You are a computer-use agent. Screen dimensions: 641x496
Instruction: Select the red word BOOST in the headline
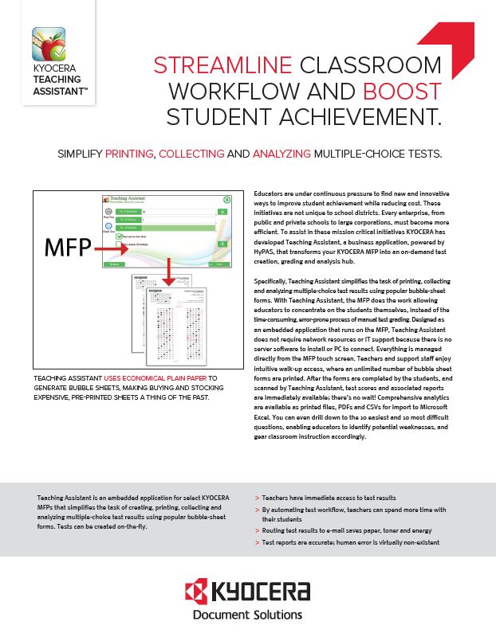tap(403, 92)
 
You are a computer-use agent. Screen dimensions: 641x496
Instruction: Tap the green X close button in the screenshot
tap(226, 201)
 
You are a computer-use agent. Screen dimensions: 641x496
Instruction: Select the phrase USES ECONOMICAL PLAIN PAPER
tap(148, 378)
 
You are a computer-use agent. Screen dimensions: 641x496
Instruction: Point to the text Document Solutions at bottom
tap(248, 615)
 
